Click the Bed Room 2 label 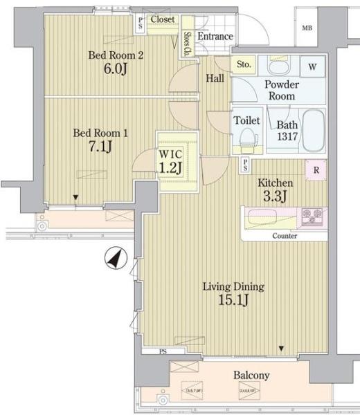115,56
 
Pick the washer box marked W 312,67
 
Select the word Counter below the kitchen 285,236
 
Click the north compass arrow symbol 114,259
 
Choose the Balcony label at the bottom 251,376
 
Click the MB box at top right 307,28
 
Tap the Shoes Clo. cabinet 188,44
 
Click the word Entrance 215,36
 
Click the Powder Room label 282,90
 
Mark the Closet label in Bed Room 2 162,19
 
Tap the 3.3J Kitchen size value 276,196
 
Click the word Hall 215,79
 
